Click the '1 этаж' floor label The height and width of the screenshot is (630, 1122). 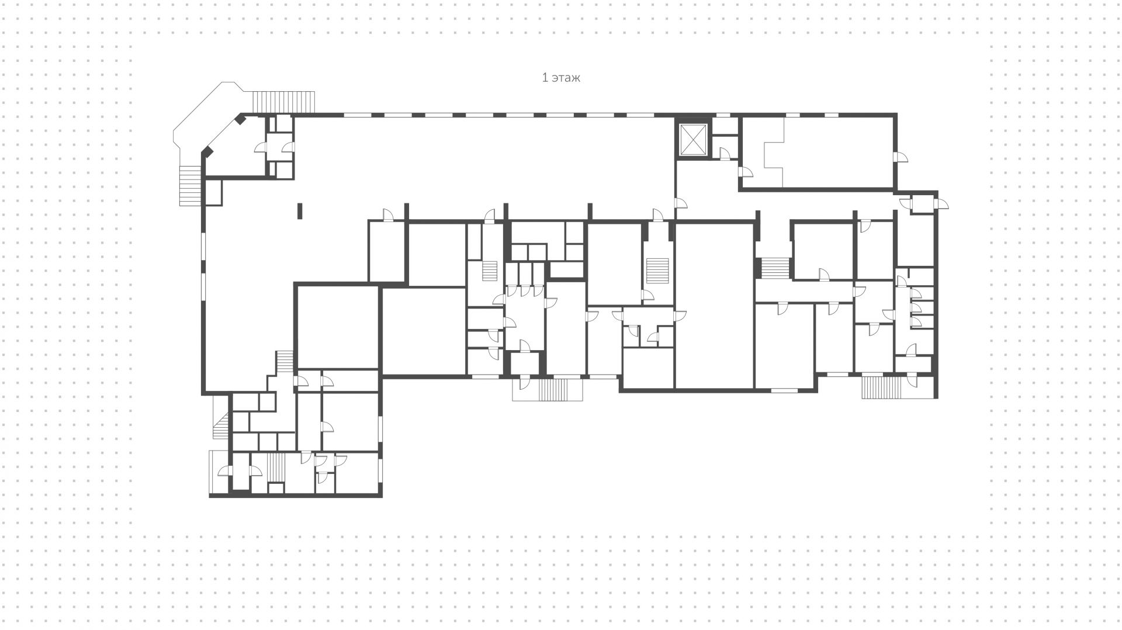coord(561,78)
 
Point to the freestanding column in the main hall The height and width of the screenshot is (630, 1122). coord(300,210)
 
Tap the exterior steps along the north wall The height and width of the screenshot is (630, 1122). coord(283,102)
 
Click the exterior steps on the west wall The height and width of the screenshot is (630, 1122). coord(189,186)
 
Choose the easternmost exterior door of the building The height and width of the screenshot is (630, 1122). coord(942,203)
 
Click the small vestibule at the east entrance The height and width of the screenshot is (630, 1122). coord(923,205)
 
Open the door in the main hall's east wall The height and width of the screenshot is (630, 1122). coord(681,203)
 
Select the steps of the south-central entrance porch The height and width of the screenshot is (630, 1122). coord(553,389)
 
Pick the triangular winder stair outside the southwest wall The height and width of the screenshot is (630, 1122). coord(221,425)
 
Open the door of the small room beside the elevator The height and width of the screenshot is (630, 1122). coord(725,154)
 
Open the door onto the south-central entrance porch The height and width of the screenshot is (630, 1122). coord(524,382)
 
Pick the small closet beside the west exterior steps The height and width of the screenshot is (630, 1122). coord(213,192)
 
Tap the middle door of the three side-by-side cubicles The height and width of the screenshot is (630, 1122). coord(525,290)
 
